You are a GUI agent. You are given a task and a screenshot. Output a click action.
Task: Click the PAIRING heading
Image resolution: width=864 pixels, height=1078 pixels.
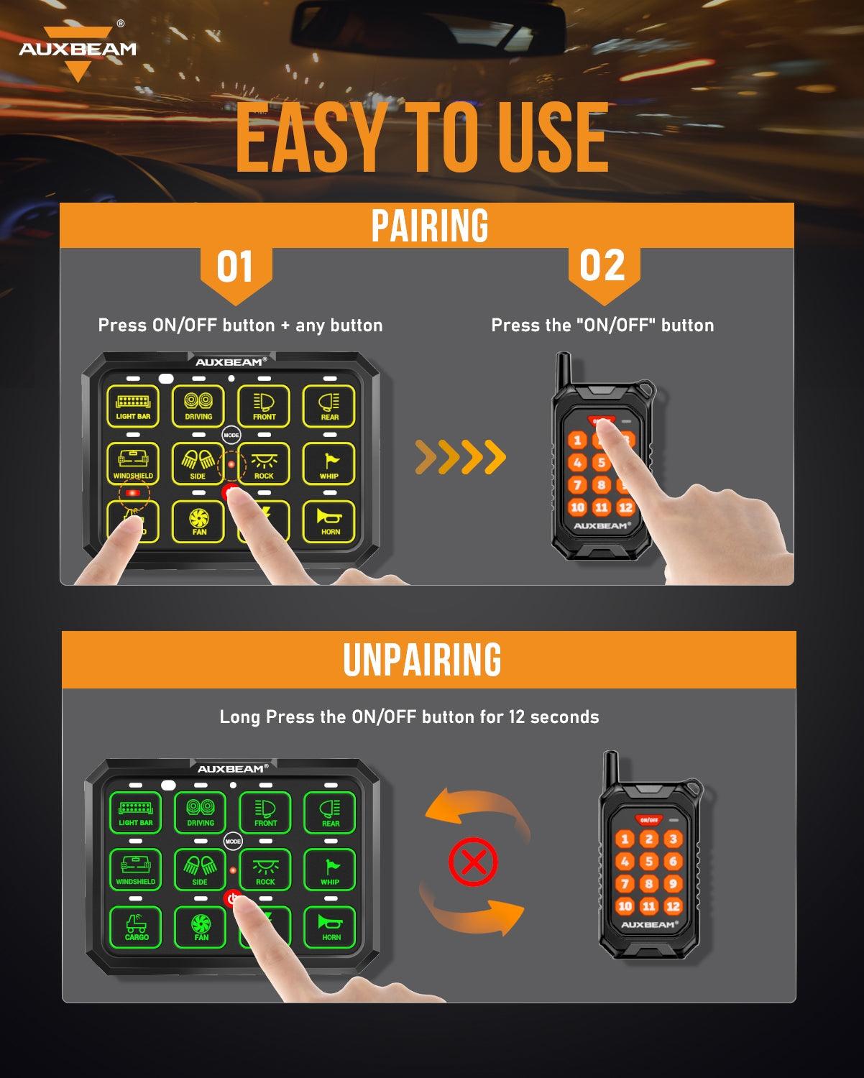tap(430, 226)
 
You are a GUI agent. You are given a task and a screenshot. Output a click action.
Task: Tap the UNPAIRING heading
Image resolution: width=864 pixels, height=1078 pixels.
tap(423, 660)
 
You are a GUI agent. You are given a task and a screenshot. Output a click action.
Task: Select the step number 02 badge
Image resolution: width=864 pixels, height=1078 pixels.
tap(602, 267)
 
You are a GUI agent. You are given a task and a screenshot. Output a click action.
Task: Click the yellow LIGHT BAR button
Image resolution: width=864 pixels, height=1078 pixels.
tap(133, 405)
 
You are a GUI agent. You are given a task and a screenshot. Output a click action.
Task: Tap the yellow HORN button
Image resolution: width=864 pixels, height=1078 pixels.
tap(330, 521)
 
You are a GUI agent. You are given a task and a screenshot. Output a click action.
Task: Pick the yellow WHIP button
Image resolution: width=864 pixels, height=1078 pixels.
tap(329, 464)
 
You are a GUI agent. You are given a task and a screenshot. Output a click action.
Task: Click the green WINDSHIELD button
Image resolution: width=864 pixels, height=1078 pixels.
tap(135, 870)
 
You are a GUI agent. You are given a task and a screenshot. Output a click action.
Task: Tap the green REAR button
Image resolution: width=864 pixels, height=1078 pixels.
tap(331, 812)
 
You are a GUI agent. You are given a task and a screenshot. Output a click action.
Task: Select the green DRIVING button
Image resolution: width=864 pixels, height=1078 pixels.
tap(201, 812)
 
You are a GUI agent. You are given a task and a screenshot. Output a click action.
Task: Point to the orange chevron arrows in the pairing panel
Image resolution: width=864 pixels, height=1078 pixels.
tap(460, 457)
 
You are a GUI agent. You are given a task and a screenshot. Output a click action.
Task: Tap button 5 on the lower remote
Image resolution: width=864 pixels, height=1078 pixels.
tap(648, 861)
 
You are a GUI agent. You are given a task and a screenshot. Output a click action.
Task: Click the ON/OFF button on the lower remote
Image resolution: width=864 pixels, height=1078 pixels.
tap(648, 819)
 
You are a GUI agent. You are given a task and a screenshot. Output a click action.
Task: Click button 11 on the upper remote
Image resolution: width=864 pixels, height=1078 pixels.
tap(602, 507)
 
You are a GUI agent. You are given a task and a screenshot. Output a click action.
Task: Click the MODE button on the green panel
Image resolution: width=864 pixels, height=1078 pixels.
tap(233, 841)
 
